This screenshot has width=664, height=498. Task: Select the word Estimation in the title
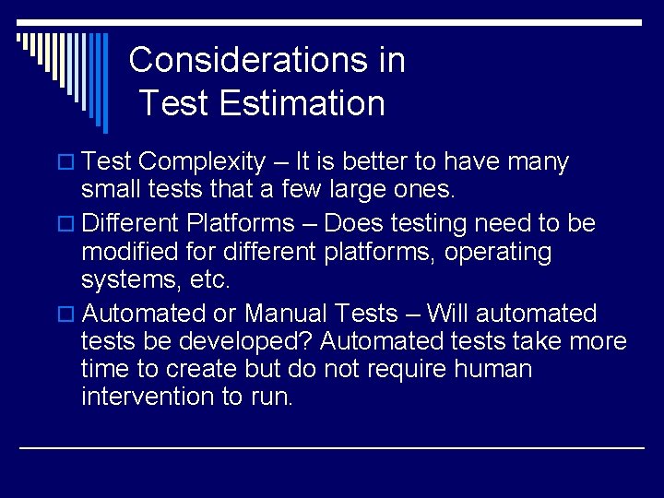(302, 103)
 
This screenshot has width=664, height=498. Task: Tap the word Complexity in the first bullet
(202, 162)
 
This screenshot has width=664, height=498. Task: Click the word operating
(498, 253)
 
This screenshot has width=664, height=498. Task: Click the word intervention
(148, 397)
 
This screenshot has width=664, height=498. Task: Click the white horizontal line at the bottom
(332, 448)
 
